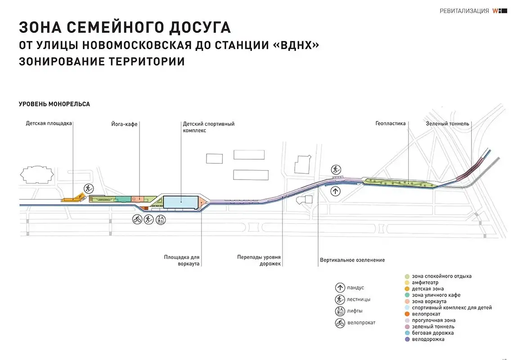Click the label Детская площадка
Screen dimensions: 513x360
49,124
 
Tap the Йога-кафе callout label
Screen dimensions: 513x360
124,124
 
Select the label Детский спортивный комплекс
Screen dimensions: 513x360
208,127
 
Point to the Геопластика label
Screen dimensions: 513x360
390,123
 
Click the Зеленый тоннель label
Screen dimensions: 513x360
447,124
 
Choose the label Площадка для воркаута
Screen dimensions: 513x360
182,261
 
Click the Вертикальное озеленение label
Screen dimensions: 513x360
352,260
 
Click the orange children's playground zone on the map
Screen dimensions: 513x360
72,198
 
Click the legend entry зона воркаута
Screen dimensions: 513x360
429,301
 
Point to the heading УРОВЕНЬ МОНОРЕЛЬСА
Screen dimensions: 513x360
54,104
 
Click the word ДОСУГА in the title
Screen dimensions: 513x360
194,27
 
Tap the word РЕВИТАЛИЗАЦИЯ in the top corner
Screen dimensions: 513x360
464,11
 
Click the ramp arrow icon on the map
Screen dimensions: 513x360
335,191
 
